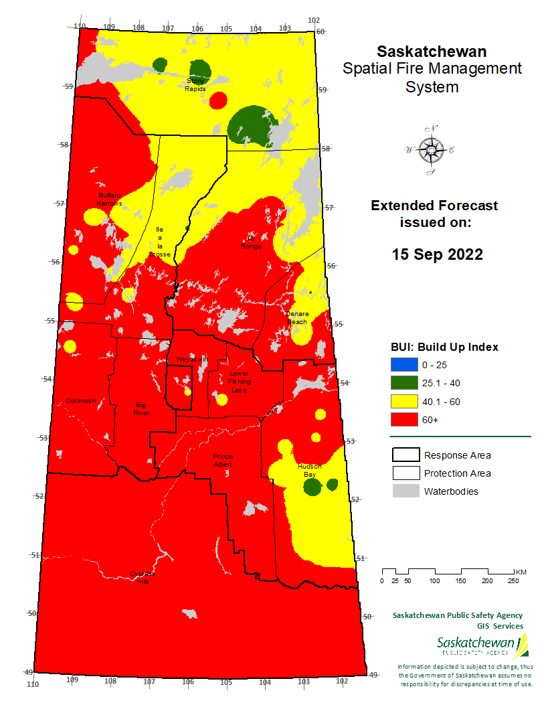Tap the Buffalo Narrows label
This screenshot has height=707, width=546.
point(109,198)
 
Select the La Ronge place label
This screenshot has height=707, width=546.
point(252,242)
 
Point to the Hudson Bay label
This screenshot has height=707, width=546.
point(309,470)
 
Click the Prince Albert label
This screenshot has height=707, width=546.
point(223,460)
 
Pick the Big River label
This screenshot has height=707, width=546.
point(141,408)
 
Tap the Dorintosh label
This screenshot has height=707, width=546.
point(81,401)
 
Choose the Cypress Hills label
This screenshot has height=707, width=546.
point(141,578)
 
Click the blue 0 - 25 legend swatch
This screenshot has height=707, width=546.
point(404,365)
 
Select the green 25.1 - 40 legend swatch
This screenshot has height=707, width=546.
point(404,383)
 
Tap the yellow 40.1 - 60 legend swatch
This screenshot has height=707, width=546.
point(404,401)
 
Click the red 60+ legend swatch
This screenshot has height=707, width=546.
point(404,419)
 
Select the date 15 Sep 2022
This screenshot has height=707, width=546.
point(437,254)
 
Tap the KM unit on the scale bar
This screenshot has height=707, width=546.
point(521,572)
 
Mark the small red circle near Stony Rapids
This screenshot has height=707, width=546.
point(217,100)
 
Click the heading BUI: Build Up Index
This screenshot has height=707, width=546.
point(444,347)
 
